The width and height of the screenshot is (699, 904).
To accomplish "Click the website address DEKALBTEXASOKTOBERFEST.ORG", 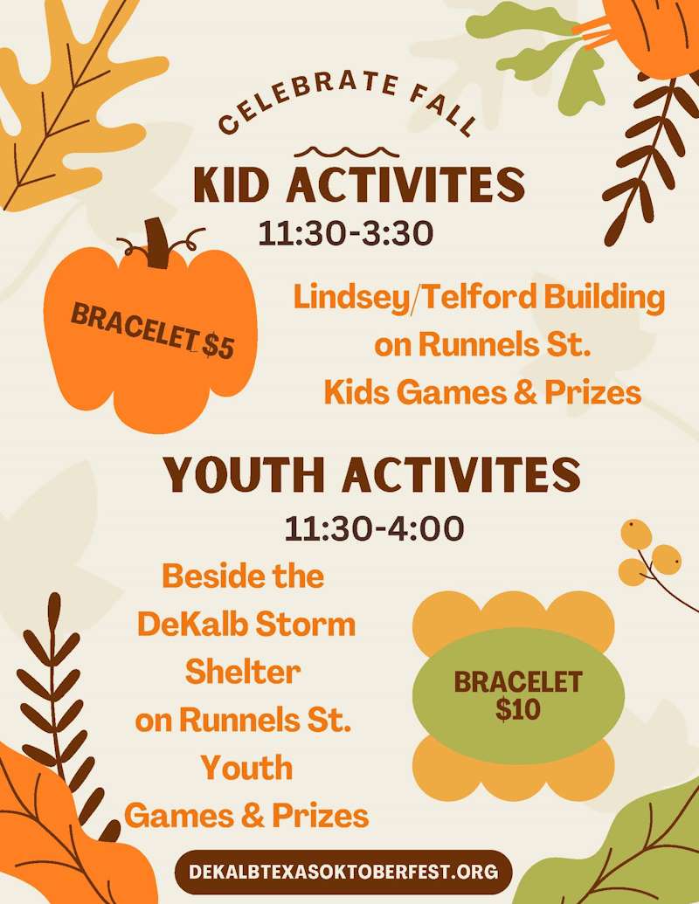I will (343, 871).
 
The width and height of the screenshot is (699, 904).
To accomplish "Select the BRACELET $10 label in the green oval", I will (517, 695).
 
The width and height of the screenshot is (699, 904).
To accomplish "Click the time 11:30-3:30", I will (346, 233).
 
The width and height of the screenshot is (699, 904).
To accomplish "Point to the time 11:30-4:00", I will (374, 528).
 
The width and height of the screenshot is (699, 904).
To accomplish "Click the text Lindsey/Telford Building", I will (479, 297).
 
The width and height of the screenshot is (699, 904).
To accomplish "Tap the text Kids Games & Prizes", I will (482, 393).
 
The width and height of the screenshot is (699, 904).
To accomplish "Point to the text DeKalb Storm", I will (246, 625).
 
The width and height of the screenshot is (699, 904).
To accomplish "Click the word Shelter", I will (243, 672).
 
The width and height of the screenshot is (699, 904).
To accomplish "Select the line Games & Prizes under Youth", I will (246, 816).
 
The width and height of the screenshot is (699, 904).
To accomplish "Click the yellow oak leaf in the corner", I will (70, 96).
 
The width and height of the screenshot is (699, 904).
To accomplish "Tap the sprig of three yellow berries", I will (650, 554).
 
